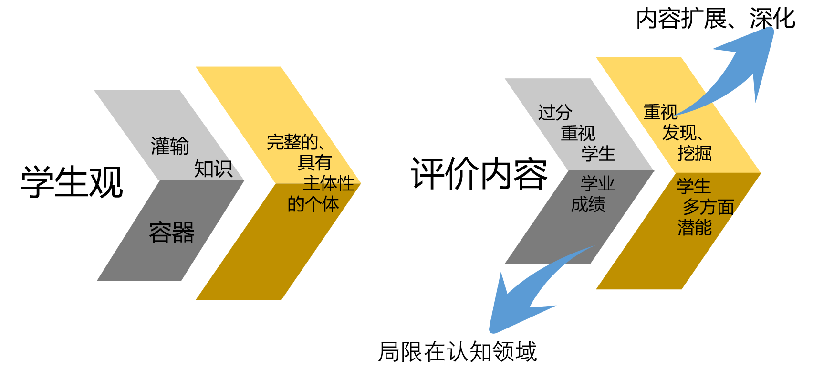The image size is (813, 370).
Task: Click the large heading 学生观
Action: (x=72, y=182)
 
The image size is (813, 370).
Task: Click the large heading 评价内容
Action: (x=479, y=174)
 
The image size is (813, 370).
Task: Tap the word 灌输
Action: (x=170, y=146)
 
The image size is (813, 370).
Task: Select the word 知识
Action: (x=213, y=169)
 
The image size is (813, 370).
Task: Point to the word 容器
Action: (x=172, y=233)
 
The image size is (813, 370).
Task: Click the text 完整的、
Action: (x=296, y=142)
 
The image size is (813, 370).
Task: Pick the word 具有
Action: (x=314, y=163)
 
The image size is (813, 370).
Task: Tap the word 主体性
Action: (x=328, y=183)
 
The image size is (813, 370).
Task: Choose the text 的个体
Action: (x=313, y=204)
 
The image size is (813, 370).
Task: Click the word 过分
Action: (x=555, y=113)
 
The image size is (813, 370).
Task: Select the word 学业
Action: (x=597, y=184)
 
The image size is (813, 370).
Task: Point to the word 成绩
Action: (x=588, y=204)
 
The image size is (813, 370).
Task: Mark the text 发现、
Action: (x=682, y=133)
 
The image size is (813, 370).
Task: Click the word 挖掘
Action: (x=694, y=153)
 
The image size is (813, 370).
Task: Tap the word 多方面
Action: (x=708, y=207)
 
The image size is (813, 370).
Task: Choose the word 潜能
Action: (x=694, y=227)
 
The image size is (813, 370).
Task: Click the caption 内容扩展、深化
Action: (x=715, y=19)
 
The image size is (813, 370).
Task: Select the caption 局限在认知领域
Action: (x=458, y=352)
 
